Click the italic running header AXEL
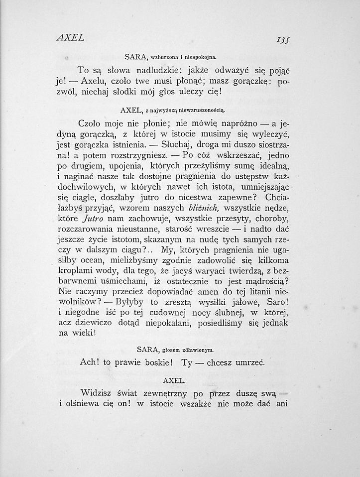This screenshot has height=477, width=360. tap(70, 37)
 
